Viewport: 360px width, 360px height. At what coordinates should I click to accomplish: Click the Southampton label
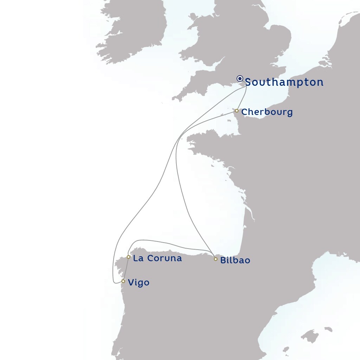point(284,82)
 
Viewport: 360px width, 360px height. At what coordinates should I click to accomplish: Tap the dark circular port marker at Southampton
point(240,78)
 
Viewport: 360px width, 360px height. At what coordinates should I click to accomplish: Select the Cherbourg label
point(267,112)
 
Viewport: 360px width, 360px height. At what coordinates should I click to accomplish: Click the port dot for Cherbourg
point(237,111)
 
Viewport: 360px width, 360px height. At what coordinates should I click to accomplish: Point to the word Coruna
point(165,258)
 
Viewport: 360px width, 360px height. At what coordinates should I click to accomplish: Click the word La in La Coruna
point(138,258)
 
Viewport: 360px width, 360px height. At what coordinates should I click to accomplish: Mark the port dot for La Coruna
point(129,257)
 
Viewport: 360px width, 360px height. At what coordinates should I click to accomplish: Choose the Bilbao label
point(235,261)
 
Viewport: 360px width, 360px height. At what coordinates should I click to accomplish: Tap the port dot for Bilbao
point(216,259)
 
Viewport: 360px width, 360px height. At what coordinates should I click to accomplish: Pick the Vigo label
point(139,283)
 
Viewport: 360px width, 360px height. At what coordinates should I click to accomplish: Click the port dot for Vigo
point(123,281)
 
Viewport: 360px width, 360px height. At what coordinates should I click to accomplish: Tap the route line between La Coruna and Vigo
point(126,269)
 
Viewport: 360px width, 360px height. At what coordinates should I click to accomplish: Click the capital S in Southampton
point(249,82)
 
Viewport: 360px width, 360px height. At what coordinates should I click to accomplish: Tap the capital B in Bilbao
point(223,261)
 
